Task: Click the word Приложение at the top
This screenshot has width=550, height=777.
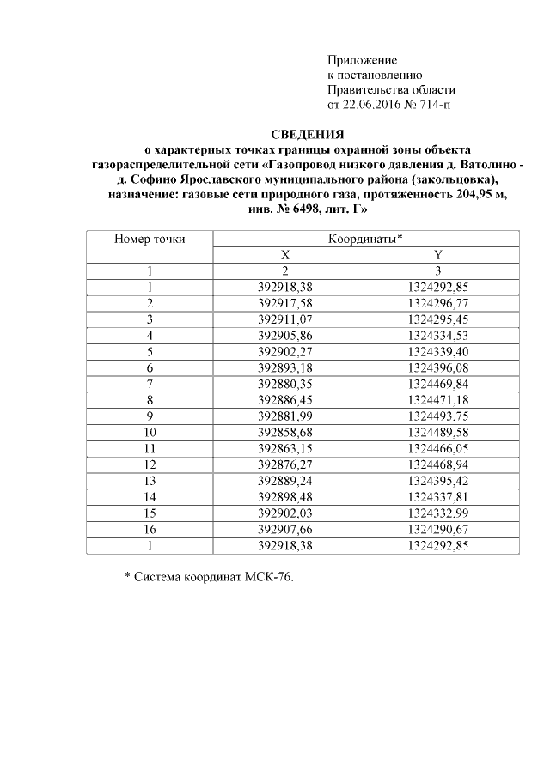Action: [x=362, y=60]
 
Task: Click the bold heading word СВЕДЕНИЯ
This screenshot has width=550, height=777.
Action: [x=307, y=135]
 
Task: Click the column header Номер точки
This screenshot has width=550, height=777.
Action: [x=150, y=240]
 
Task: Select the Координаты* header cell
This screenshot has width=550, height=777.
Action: [x=366, y=240]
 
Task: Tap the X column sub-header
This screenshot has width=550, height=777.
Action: [x=285, y=255]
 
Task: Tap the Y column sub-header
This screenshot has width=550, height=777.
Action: [x=438, y=255]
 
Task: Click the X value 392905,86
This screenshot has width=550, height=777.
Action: [x=285, y=334]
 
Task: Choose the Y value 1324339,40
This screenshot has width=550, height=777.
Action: [x=438, y=350]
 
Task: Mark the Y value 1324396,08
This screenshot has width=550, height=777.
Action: [x=438, y=366]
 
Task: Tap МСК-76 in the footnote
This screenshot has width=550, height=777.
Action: [x=266, y=578]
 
